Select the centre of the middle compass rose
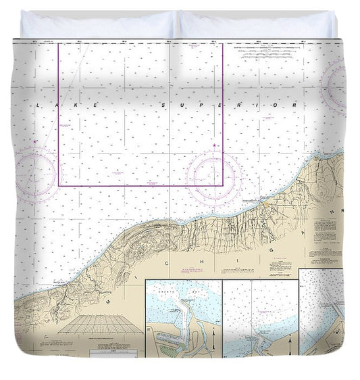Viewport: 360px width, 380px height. [x=214, y=177]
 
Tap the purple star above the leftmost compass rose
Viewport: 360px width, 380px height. [x=35, y=142]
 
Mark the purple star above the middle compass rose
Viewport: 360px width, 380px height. [x=214, y=145]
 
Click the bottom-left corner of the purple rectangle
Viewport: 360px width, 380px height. [x=59, y=185]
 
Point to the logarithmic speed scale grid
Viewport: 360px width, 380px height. [x=101, y=324]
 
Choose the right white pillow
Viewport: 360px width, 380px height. [x=257, y=25]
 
